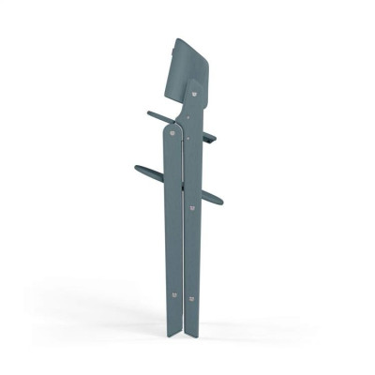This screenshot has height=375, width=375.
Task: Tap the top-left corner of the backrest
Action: coord(176,39)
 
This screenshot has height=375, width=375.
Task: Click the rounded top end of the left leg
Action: coord(172,127)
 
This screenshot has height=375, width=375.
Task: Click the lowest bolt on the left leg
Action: coord(172,293)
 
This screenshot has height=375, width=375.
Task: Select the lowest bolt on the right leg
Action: coord(191,299)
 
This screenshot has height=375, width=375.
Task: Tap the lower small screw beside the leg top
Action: coord(186,137)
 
